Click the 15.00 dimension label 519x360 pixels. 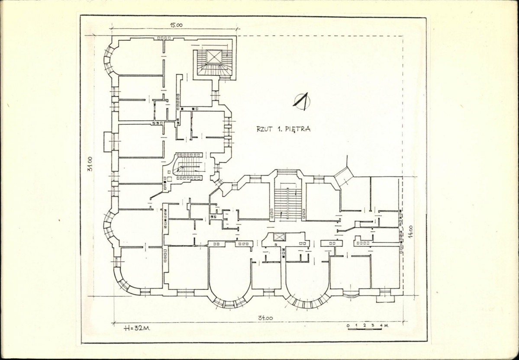click(x=177, y=25)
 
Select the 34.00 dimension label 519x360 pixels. click(x=265, y=318)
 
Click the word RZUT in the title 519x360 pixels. click(x=264, y=129)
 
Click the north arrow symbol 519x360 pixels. click(x=302, y=101)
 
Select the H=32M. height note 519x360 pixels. click(x=136, y=328)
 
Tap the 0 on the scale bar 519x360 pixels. click(x=348, y=325)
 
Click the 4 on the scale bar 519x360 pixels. click(x=381, y=325)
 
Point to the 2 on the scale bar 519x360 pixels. click(x=364, y=325)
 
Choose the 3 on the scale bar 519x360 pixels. click(x=373, y=325)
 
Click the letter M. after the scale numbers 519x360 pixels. click(x=386, y=325)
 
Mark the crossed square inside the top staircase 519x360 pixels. click(x=214, y=56)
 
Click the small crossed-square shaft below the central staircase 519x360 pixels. click(x=279, y=237)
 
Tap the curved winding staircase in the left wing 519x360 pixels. click(x=186, y=167)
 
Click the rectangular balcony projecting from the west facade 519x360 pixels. click(x=108, y=141)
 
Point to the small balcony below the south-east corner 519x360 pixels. click(x=385, y=299)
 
